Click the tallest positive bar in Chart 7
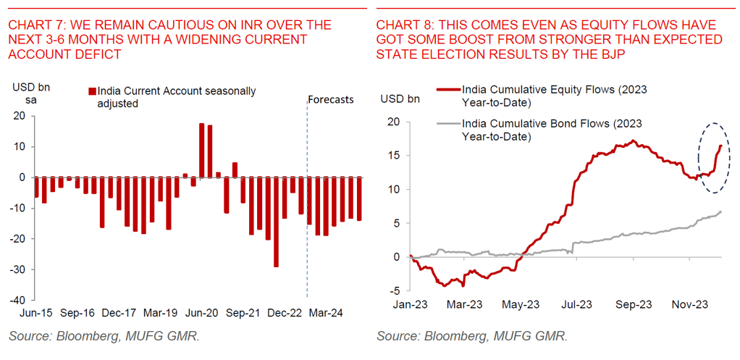(201, 150)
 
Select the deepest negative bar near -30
(276, 222)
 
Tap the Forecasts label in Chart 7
(331, 99)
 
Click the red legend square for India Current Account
(91, 91)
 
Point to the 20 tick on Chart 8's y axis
(393, 122)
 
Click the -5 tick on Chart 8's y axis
(395, 290)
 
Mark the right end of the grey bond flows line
(720, 212)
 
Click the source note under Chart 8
(471, 337)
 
